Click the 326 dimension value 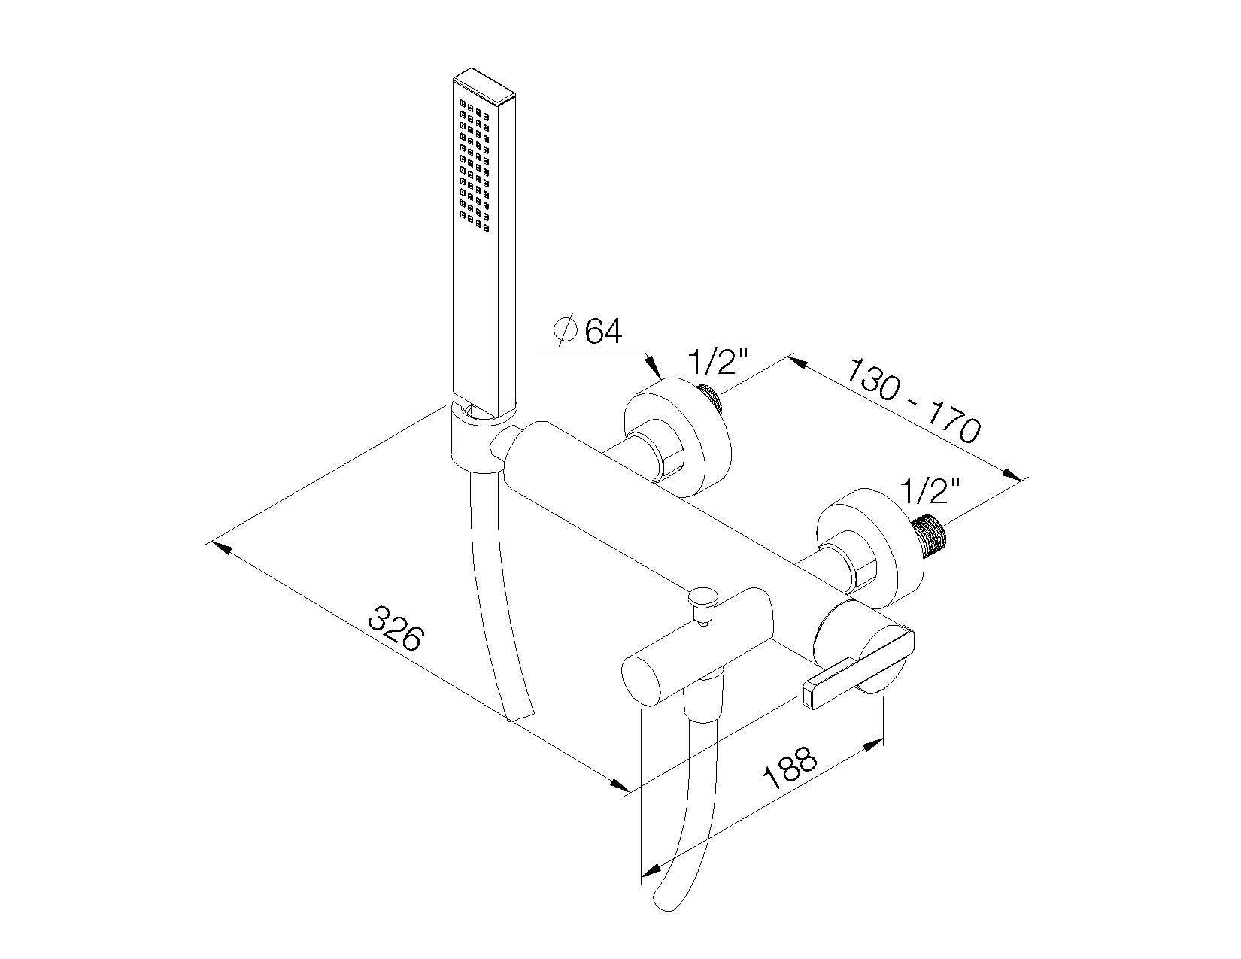point(396,630)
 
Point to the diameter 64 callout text point(587,331)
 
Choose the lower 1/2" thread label point(930,490)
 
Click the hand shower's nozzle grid point(474,165)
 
